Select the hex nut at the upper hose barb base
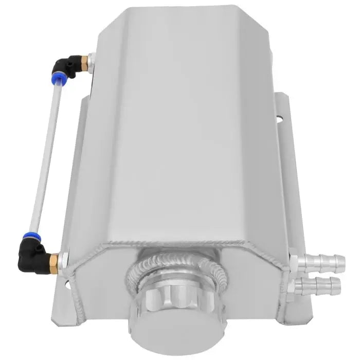click(x=294, y=257)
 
